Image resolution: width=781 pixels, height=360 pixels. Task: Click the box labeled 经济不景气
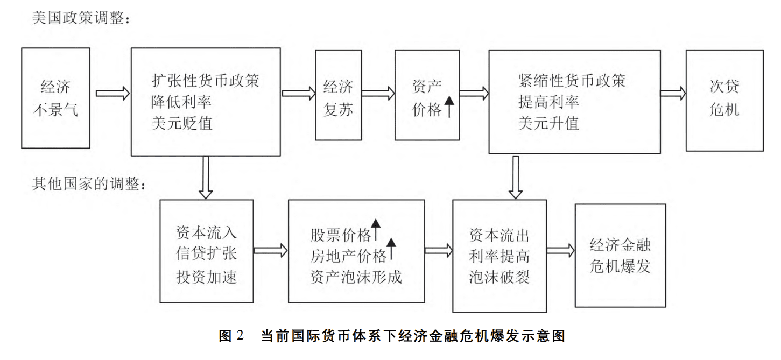pyautogui.click(x=55, y=98)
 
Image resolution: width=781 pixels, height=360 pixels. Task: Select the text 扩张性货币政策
pyautogui.click(x=205, y=81)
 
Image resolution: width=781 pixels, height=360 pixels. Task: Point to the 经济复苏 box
pyautogui.click(x=338, y=95)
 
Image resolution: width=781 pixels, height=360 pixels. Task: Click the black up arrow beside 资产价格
pyautogui.click(x=449, y=108)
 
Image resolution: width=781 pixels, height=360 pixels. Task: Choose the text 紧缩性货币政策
pyautogui.click(x=572, y=81)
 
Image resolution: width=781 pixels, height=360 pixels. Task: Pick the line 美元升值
pyautogui.click(x=548, y=123)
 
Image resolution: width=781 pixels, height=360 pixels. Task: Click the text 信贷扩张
pyautogui.click(x=206, y=255)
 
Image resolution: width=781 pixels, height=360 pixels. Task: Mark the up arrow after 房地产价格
pyautogui.click(x=391, y=248)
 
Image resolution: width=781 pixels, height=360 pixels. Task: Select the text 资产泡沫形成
pyautogui.click(x=356, y=277)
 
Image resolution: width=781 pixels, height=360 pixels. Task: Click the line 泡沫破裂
pyautogui.click(x=499, y=277)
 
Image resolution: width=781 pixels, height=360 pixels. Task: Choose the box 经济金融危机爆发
pyautogui.click(x=620, y=255)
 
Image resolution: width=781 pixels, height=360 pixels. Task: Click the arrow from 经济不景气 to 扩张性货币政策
pyautogui.click(x=112, y=93)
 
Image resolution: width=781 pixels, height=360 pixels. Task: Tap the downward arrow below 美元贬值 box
pyautogui.click(x=205, y=177)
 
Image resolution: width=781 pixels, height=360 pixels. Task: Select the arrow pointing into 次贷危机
pyautogui.click(x=672, y=93)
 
